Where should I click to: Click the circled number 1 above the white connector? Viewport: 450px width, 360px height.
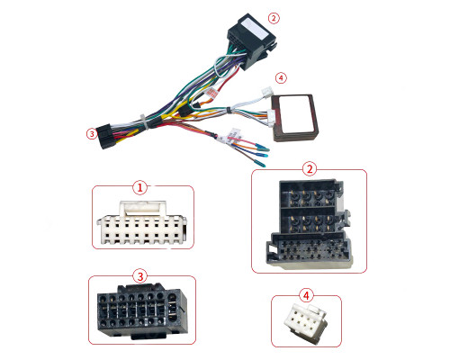click(x=139, y=188)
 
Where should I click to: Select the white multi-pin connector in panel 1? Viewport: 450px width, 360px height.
click(x=141, y=223)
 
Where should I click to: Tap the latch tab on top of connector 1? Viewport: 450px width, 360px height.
click(x=143, y=208)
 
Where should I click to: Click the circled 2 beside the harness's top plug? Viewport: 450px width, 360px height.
click(x=273, y=18)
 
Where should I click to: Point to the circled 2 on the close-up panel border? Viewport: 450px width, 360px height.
click(x=310, y=169)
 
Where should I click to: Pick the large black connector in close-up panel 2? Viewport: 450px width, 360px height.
click(x=308, y=223)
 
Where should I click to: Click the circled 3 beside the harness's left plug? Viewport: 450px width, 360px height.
click(x=92, y=134)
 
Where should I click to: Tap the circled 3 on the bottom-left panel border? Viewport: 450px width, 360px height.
click(x=140, y=276)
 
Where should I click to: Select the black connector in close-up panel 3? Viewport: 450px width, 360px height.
click(x=142, y=311)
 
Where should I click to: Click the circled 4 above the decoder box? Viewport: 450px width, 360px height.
click(x=281, y=78)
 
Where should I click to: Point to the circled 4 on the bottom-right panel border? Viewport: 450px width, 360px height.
click(x=306, y=296)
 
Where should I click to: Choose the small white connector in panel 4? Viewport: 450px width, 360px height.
click(x=305, y=323)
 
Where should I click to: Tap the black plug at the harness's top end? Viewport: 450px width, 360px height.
click(x=251, y=41)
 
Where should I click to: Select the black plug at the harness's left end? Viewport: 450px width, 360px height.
click(x=106, y=137)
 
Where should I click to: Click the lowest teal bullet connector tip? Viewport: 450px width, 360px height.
click(x=260, y=165)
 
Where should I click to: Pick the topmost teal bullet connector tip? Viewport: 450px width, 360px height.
click(x=263, y=148)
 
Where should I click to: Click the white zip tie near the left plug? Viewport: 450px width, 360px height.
click(x=143, y=121)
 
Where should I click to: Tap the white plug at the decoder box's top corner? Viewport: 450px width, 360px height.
click(x=267, y=91)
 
